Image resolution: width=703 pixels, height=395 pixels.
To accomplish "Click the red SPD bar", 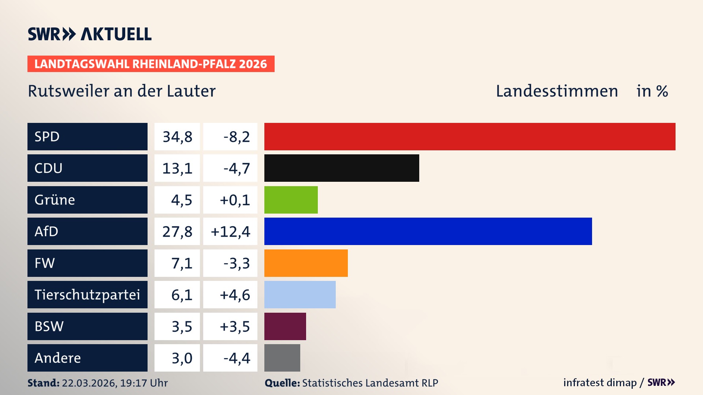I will pyautogui.click(x=470, y=136).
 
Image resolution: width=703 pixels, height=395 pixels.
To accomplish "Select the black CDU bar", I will pyautogui.click(x=342, y=168).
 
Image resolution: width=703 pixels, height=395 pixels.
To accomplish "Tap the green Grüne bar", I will pyautogui.click(x=291, y=200).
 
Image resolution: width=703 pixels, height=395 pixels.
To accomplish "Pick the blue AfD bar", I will pyautogui.click(x=428, y=231).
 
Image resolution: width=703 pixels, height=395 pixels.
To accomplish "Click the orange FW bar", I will pyautogui.click(x=306, y=263).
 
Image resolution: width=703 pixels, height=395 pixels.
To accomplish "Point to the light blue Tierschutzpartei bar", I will pyautogui.click(x=300, y=294).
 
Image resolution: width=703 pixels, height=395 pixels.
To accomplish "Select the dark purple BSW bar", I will pyautogui.click(x=285, y=326).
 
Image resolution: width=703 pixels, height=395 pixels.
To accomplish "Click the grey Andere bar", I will pyautogui.click(x=282, y=358).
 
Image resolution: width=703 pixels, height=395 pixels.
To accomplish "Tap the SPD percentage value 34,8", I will pyautogui.click(x=177, y=137).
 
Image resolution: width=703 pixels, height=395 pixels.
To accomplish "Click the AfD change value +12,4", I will pyautogui.click(x=230, y=232).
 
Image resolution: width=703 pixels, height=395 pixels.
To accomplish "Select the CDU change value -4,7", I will pyautogui.click(x=237, y=168).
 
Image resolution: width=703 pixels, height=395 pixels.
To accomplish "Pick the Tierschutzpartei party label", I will pyautogui.click(x=87, y=295).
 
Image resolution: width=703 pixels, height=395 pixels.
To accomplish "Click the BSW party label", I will pyautogui.click(x=49, y=326).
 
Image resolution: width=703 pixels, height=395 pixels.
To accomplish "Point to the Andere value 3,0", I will pyautogui.click(x=182, y=358).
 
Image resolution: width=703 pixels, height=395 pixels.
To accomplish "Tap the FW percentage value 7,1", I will pyautogui.click(x=182, y=263).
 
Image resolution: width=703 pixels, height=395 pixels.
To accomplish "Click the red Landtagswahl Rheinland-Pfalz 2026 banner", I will pyautogui.click(x=151, y=64).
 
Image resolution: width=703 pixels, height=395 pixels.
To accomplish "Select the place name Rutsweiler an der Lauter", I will pyautogui.click(x=122, y=91).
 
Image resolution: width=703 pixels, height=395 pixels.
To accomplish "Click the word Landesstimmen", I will pyautogui.click(x=557, y=91).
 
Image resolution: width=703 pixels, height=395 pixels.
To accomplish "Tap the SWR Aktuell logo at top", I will pyautogui.click(x=90, y=34).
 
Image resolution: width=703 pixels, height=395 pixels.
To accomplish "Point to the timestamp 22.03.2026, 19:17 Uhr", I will pyautogui.click(x=115, y=383).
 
